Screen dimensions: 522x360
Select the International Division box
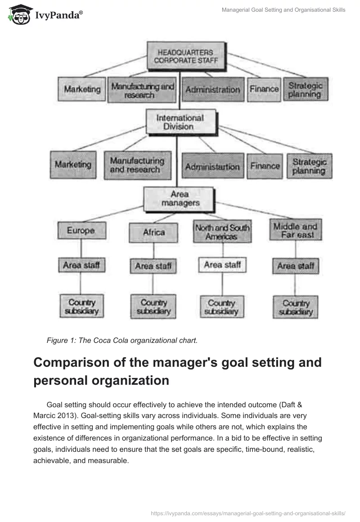pos(174,122)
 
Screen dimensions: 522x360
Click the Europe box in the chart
pos(81,231)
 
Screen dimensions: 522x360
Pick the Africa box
pos(153,233)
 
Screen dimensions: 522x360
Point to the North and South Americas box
pos(221,232)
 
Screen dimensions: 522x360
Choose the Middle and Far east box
pos(295,230)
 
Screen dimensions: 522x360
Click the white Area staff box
pos(222,265)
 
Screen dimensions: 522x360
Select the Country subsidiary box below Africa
pos(153,306)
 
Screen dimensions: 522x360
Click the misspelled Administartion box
pos(212,166)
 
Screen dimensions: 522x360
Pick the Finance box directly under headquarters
pos(264,89)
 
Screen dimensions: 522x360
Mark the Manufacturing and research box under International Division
pos(137,165)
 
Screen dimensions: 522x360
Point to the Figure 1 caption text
pos(122,341)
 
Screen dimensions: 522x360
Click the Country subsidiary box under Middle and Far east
pos(296,307)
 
